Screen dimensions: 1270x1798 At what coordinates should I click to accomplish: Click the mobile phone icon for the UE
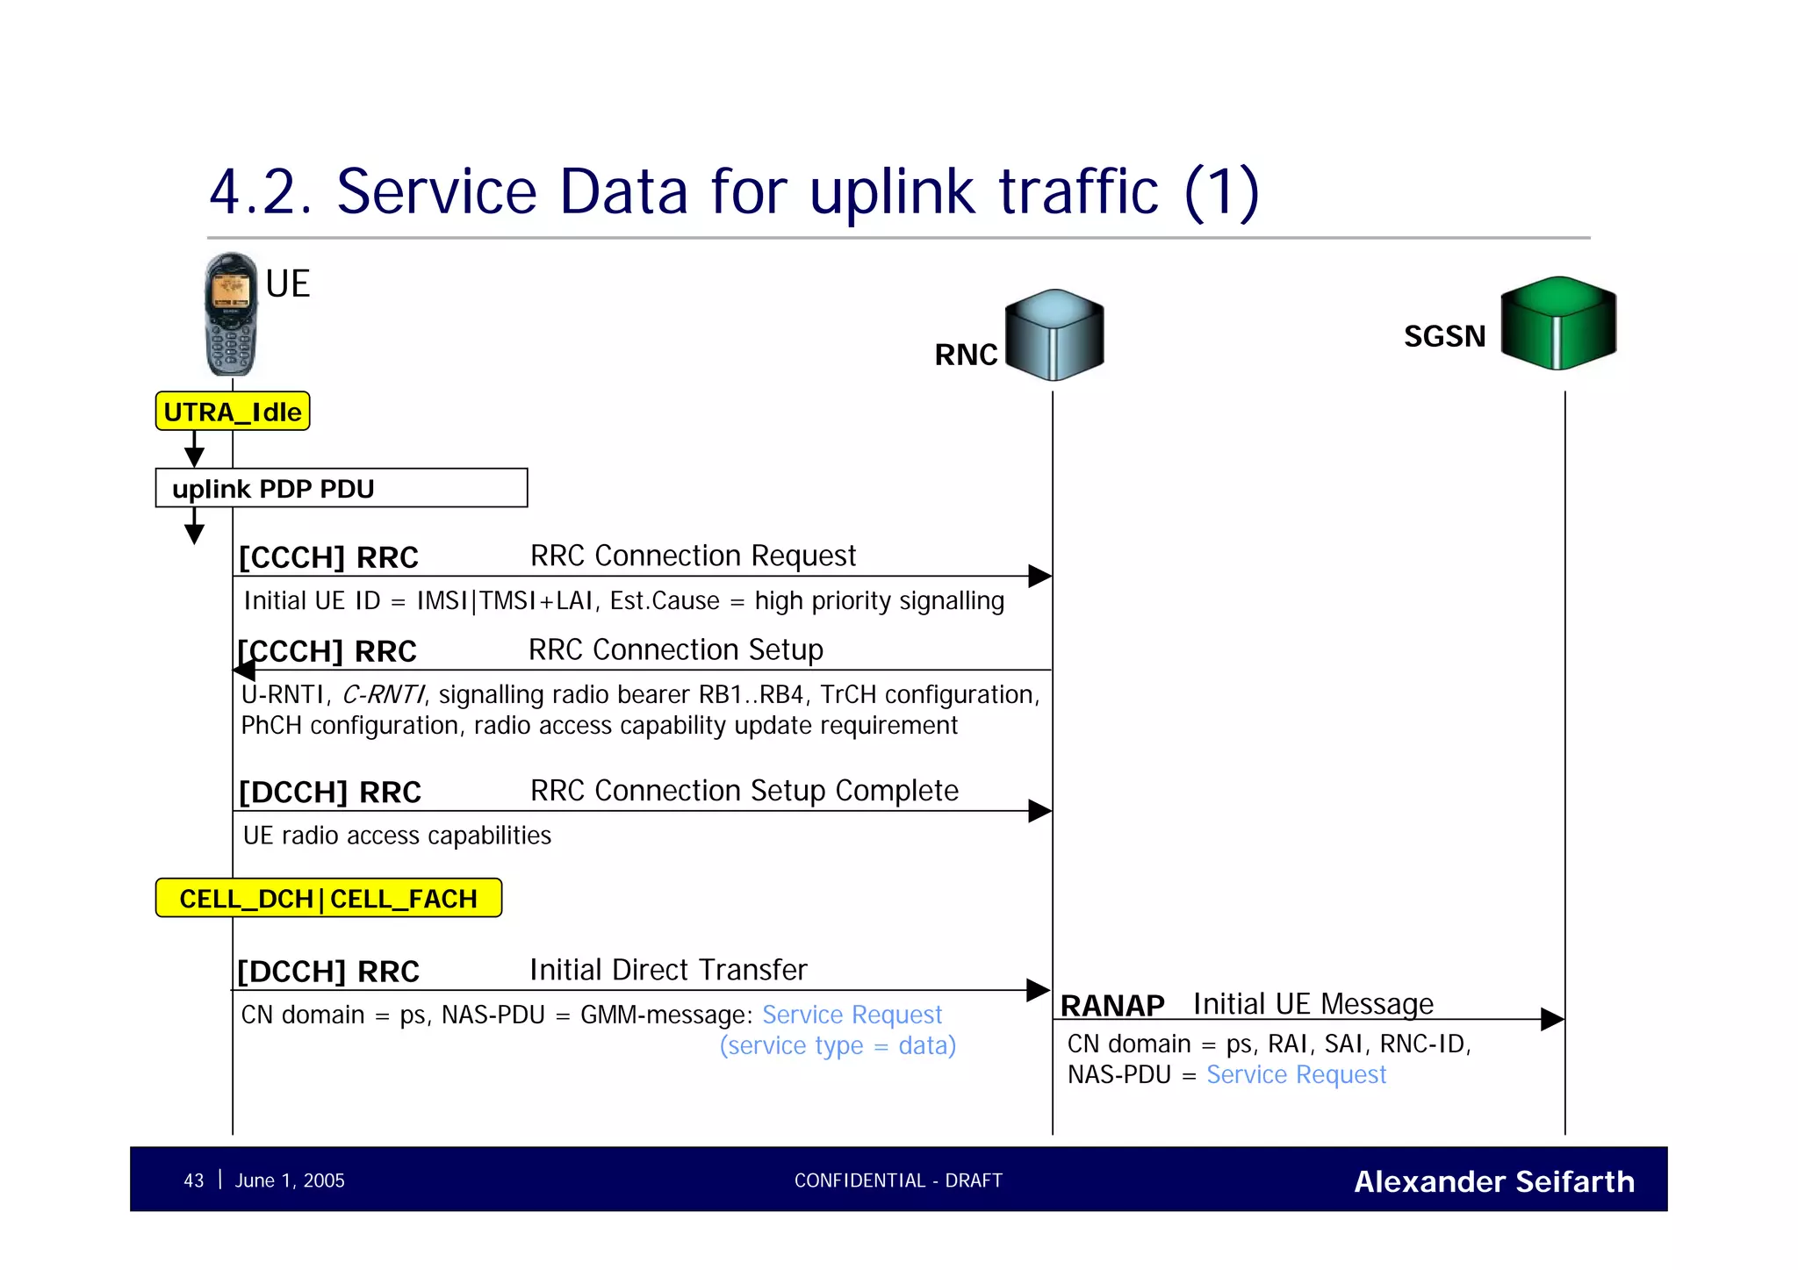231,314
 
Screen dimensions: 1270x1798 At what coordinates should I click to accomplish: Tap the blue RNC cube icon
1054,335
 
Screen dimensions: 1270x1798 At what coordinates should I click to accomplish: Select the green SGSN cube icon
1558,323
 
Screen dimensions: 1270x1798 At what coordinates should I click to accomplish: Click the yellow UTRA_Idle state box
233,412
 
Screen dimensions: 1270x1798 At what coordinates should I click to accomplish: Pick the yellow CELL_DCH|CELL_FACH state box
328,899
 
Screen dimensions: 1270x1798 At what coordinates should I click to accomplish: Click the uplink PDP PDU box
341,488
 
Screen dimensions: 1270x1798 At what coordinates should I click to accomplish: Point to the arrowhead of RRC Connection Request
1040,577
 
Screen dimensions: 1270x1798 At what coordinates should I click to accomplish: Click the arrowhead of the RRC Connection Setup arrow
244,671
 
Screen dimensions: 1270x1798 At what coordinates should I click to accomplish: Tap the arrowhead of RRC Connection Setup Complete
1040,811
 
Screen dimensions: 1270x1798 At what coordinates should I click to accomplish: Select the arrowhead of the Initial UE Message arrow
1553,1020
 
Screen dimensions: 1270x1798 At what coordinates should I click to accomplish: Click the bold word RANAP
1112,1006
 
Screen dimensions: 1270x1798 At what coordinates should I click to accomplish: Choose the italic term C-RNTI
383,695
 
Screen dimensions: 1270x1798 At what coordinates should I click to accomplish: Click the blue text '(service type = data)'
838,1046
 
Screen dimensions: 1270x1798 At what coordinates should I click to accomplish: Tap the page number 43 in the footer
193,1181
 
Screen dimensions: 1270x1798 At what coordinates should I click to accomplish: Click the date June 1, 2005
290,1181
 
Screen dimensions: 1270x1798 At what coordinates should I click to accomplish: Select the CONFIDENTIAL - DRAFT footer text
898,1181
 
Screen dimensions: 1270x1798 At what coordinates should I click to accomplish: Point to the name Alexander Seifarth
1494,1182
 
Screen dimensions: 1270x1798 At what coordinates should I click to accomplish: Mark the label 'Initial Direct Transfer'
668,970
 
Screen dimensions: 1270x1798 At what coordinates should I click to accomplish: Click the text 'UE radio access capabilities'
397,836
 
